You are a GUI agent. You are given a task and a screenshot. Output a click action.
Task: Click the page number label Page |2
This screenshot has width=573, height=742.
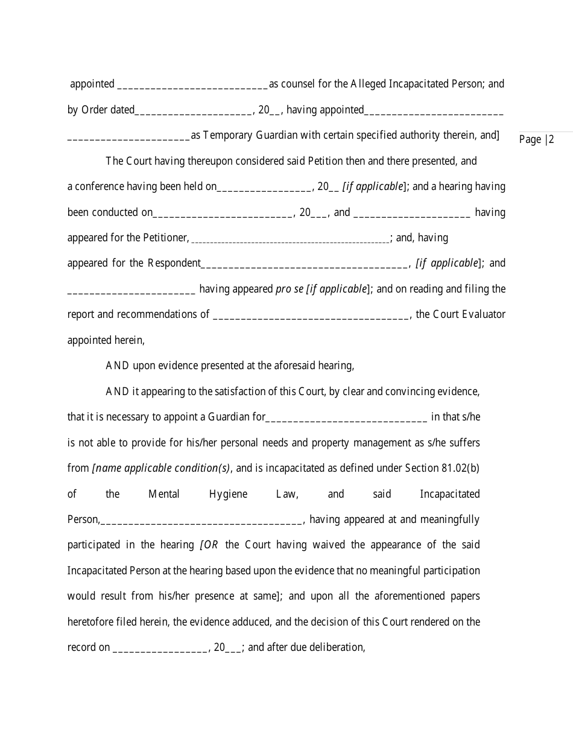(536, 140)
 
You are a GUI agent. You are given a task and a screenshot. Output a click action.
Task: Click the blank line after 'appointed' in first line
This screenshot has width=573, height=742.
(192, 85)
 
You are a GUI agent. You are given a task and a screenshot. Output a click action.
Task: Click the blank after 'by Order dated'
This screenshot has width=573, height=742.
(193, 111)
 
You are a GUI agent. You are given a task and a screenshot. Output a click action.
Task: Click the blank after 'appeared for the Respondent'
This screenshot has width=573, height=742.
(304, 264)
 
